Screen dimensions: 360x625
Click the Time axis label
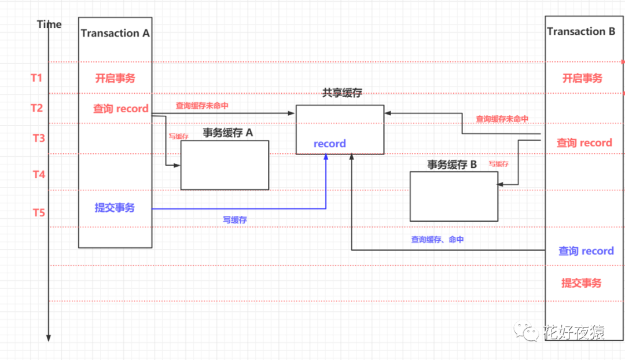[49, 24]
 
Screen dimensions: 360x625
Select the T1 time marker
[37, 78]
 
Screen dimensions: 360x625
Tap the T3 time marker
[38, 138]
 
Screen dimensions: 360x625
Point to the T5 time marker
[38, 213]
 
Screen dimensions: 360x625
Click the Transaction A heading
[115, 33]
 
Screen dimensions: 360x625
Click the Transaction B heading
[581, 31]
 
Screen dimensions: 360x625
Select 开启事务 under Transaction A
[115, 78]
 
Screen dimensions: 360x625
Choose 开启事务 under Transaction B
[582, 78]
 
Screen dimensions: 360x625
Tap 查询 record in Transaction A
[121, 108]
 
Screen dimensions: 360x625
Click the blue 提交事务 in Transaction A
[115, 208]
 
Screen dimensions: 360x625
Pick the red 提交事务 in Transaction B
[581, 283]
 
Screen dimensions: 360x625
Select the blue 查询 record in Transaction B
[586, 251]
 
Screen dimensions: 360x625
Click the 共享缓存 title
[342, 93]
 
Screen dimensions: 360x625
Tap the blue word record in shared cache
[329, 144]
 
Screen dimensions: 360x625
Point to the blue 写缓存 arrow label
[236, 220]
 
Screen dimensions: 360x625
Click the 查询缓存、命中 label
[437, 239]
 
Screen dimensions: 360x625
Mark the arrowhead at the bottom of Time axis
[49, 337]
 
